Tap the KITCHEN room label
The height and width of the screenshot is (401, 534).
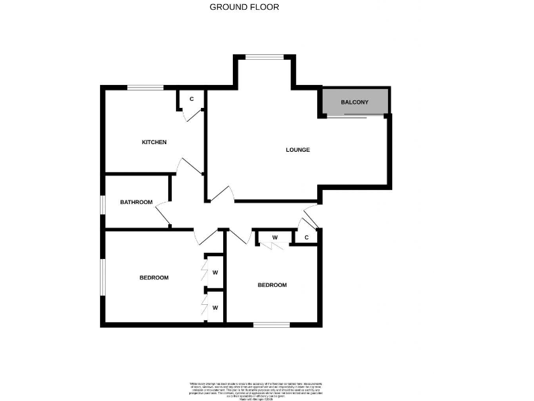pyautogui.click(x=154, y=143)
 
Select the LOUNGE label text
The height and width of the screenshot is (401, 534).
pyautogui.click(x=298, y=150)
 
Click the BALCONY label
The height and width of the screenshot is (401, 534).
pyautogui.click(x=355, y=103)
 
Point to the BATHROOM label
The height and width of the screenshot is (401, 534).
pyautogui.click(x=136, y=203)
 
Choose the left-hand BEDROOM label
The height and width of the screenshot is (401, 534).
pyautogui.click(x=154, y=278)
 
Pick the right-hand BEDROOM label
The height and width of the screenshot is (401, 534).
pyautogui.click(x=272, y=285)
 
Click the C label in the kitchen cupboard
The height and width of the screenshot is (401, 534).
pyautogui.click(x=191, y=99)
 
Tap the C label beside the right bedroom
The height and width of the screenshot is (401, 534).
pyautogui.click(x=307, y=238)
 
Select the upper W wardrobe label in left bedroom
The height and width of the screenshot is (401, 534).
pyautogui.click(x=216, y=272)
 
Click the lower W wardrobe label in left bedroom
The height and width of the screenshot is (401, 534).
pyautogui.click(x=216, y=307)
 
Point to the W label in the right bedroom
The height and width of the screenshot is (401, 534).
pyautogui.click(x=275, y=238)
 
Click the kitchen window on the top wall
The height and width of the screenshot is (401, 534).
pyautogui.click(x=145, y=87)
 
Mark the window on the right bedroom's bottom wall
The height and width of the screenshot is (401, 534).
pyautogui.click(x=271, y=324)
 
